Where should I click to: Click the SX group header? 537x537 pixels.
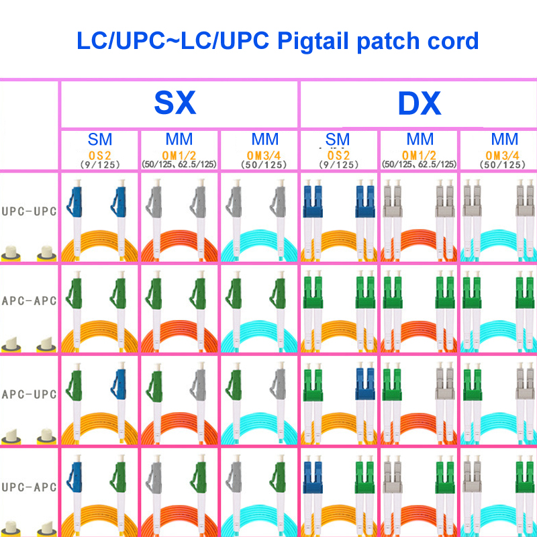pyautogui.click(x=175, y=103)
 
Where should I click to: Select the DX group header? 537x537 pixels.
pyautogui.click(x=419, y=103)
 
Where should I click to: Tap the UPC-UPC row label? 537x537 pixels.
pyautogui.click(x=29, y=211)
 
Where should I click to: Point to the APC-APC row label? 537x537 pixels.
pyautogui.click(x=29, y=301)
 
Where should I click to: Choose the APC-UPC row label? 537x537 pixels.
pyautogui.click(x=29, y=394)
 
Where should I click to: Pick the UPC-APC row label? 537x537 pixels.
pyautogui.click(x=29, y=487)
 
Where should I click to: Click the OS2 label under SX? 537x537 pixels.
pyautogui.click(x=99, y=156)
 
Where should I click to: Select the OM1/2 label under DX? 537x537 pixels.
pyautogui.click(x=419, y=156)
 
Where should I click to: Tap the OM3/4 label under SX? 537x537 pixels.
pyautogui.click(x=264, y=156)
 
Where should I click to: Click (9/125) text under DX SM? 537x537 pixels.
pyautogui.click(x=338, y=164)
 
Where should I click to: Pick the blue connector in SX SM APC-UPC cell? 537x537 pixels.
pyautogui.click(x=119, y=383)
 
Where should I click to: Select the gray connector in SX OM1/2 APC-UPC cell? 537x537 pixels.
pyautogui.click(x=199, y=383)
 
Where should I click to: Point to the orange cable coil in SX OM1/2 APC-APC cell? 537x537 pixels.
pyautogui.click(x=179, y=336)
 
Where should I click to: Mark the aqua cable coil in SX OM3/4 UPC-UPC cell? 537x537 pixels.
pyautogui.click(x=259, y=246)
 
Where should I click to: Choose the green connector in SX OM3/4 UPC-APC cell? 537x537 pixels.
pyautogui.click(x=278, y=475)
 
